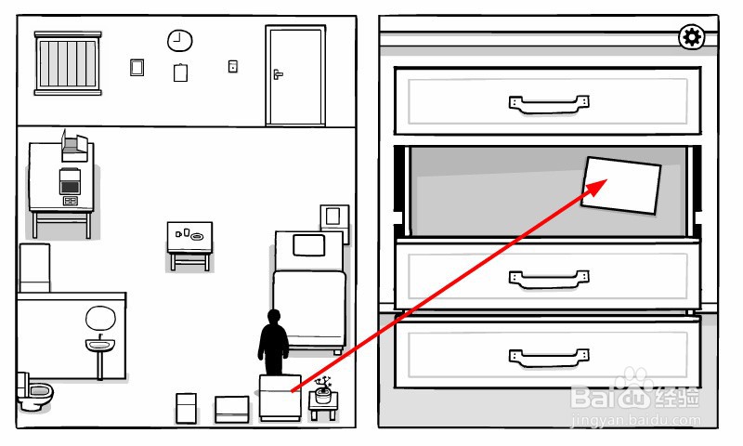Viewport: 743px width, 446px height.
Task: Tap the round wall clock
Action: pos(179,41)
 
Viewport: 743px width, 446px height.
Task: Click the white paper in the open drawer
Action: pos(620,184)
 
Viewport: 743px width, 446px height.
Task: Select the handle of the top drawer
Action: pos(549,102)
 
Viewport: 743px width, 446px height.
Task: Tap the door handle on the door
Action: pos(277,73)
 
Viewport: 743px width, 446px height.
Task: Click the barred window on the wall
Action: pos(67,61)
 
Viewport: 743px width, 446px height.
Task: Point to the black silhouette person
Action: pos(273,342)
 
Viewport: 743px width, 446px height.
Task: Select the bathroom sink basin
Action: pos(99,346)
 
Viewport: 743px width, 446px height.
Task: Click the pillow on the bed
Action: pos(308,245)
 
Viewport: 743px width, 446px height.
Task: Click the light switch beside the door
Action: pos(232,66)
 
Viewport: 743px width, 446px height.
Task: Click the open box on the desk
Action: pos(73,145)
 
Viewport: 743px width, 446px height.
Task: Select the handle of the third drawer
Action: pos(549,276)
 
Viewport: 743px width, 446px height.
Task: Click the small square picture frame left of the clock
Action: pos(137,67)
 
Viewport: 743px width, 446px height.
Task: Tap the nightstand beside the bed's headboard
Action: pos(333,218)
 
